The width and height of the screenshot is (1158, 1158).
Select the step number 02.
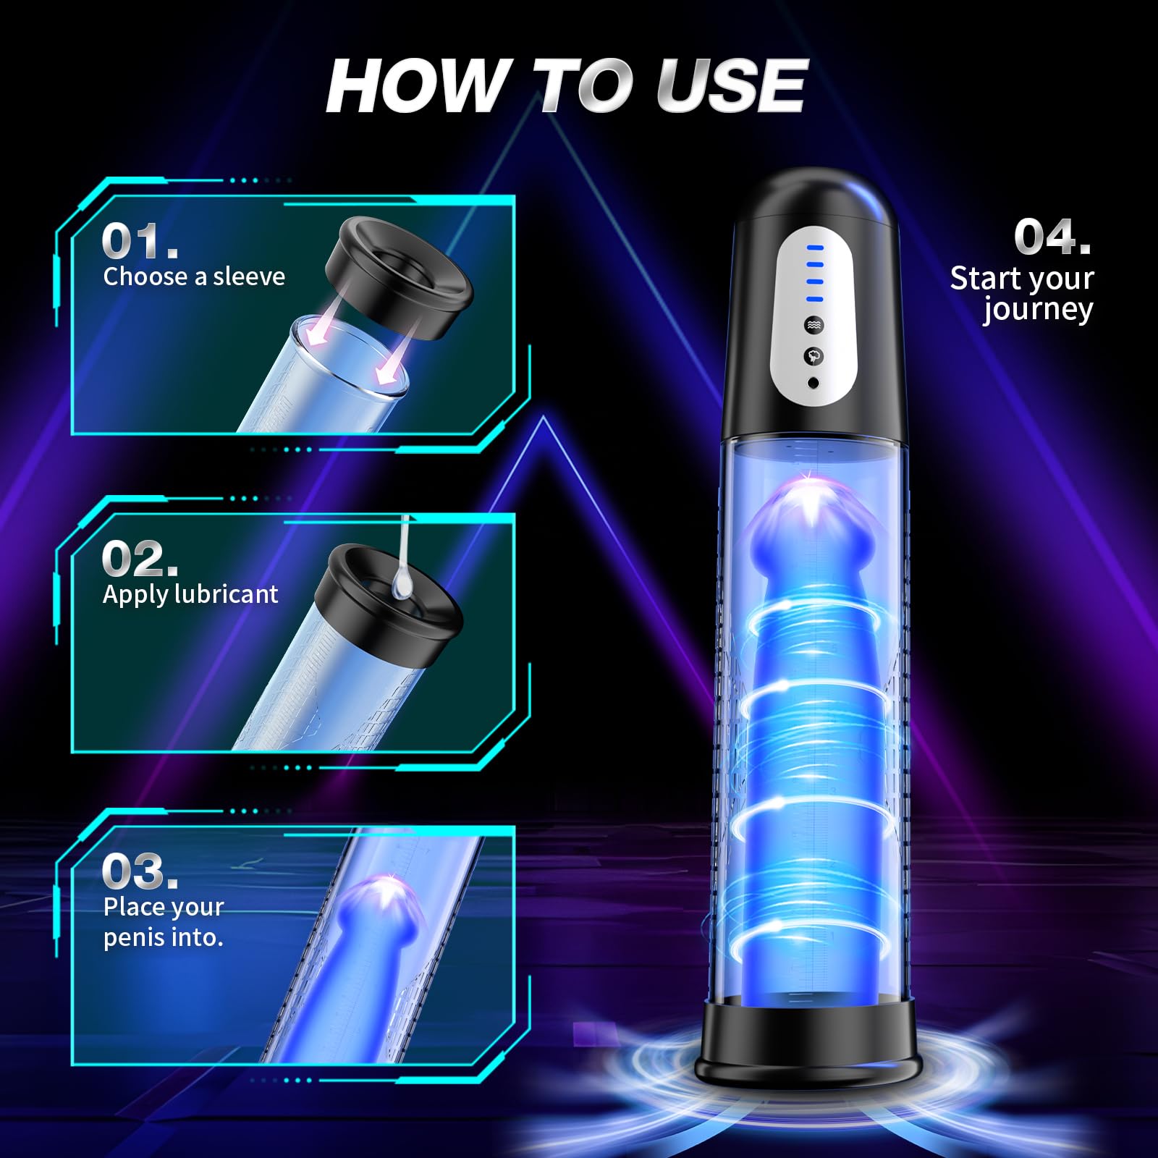(140, 559)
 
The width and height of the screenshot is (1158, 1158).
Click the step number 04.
(1052, 237)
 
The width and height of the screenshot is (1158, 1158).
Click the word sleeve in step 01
(249, 276)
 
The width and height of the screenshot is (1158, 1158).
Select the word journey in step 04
(1038, 310)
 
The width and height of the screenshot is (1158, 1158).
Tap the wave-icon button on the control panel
(814, 325)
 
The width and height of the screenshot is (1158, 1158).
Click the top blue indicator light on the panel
(815, 248)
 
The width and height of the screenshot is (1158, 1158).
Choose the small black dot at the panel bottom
(813, 383)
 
